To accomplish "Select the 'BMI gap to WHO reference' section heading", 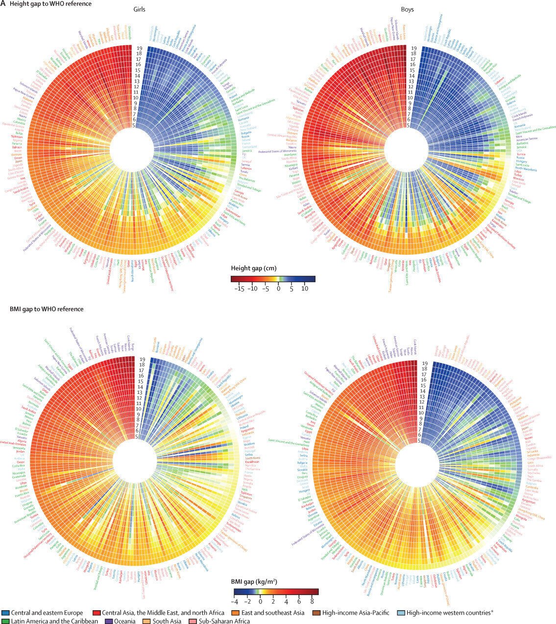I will pyautogui.click(x=47, y=309).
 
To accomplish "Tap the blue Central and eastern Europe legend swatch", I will pyautogui.click(x=5, y=613).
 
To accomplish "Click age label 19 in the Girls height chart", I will pyautogui.click(x=139, y=48).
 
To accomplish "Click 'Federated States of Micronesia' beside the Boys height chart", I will pyautogui.click(x=285, y=150).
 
